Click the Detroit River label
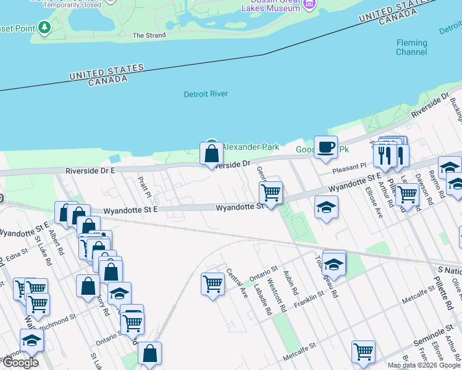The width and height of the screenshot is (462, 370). click(206, 94)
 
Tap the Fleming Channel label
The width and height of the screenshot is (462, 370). click(411, 47)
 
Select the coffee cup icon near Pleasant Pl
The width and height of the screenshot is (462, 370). click(325, 148)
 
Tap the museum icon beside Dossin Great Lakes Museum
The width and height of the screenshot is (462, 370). click(309, 4)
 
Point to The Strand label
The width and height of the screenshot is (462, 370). click(149, 35)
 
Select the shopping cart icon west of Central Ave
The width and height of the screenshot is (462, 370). click(212, 284)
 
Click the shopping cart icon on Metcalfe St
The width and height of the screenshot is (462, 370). click(363, 352)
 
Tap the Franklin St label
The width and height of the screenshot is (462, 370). click(309, 297)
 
